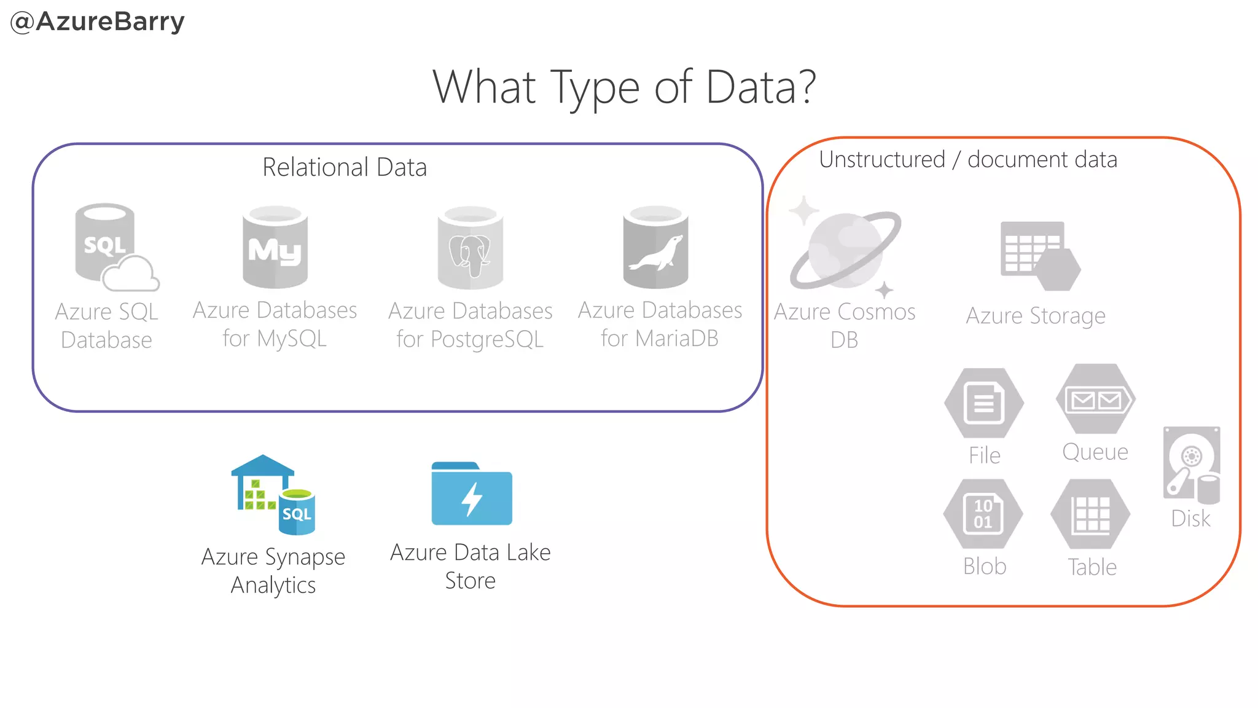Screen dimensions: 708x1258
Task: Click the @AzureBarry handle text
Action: pos(98,22)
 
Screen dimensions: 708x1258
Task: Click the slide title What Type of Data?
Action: pos(624,87)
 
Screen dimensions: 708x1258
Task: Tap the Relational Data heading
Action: pos(344,167)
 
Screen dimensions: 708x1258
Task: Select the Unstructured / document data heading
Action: pos(967,160)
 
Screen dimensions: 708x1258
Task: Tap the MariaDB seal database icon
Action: pos(655,248)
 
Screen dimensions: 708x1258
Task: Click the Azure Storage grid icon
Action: pos(1038,255)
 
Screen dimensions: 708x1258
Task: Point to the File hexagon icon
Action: pos(983,403)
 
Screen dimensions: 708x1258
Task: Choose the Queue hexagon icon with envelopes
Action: pos(1095,399)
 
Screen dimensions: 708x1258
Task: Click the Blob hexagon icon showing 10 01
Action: pos(983,514)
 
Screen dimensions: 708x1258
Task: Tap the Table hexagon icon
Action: pos(1090,514)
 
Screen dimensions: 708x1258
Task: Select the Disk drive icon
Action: pos(1191,463)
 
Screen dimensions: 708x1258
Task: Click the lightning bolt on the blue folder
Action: pos(471,498)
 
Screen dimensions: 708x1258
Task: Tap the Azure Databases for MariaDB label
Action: pos(660,324)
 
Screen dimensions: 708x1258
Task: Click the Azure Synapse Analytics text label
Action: pos(273,570)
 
